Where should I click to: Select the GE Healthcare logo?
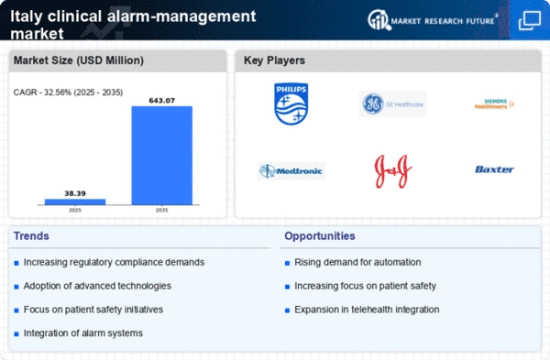tap(392, 104)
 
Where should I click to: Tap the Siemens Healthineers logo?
tap(494, 104)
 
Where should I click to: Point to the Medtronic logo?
tap(291, 170)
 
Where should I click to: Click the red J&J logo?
tap(392, 169)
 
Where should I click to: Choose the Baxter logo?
tap(494, 169)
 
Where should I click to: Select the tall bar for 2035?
tap(162, 155)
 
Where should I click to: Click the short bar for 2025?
tap(75, 202)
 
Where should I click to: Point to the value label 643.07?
tap(162, 99)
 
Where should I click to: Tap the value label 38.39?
tap(75, 192)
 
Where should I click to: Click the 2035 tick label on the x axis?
tap(162, 210)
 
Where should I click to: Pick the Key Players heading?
tap(274, 60)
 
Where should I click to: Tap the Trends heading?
tap(33, 236)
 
